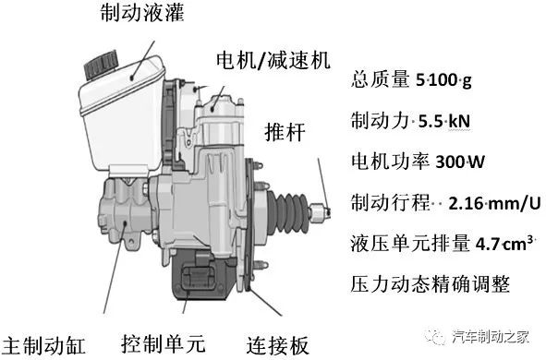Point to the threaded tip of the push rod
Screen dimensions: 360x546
tap(324, 210)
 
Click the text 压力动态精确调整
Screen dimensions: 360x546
tap(426, 282)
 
